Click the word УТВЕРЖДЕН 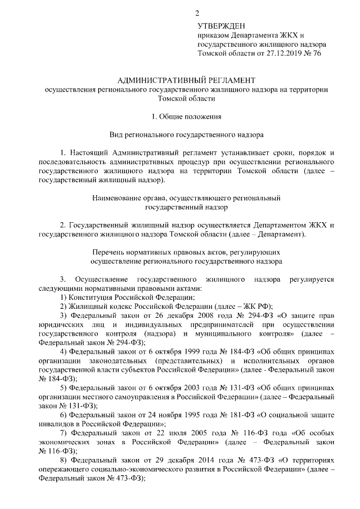pyautogui.click(x=222, y=25)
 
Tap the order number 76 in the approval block pyautogui.click(x=324, y=54)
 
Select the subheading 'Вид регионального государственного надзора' pyautogui.click(x=179, y=135)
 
